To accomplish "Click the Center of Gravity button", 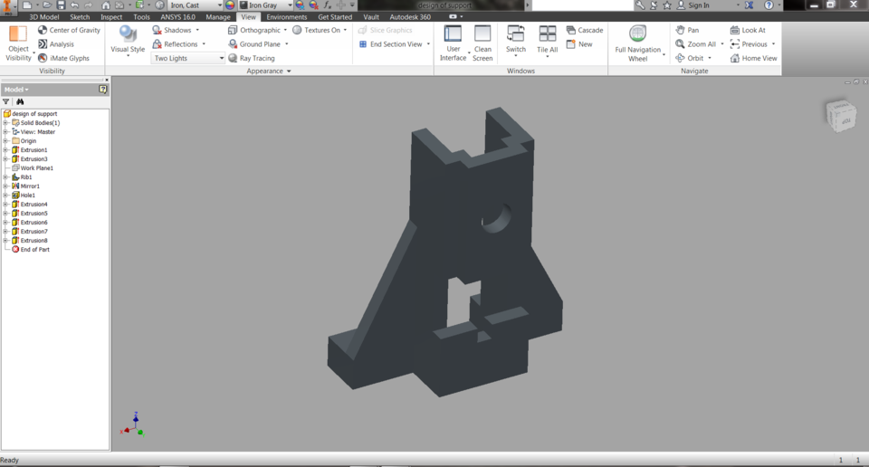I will coord(69,30).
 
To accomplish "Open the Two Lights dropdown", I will coord(188,58).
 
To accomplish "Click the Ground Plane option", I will coord(259,43).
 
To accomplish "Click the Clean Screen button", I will coord(482,43).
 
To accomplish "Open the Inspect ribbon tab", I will coord(111,17).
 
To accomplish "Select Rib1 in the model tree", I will coord(26,177).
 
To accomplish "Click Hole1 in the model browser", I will coord(28,195).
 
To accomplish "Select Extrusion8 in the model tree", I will coord(33,241).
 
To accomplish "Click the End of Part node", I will coord(34,250).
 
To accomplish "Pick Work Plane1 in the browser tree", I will coord(36,168).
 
